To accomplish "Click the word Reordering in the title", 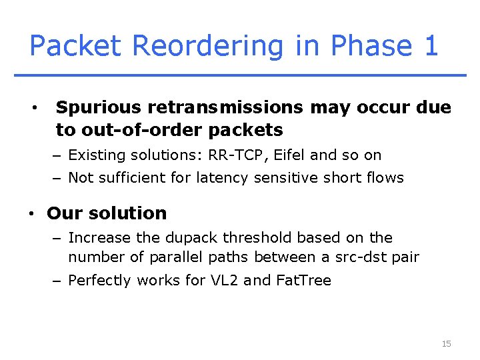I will [x=207, y=46].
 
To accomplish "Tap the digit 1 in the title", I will [x=430, y=46].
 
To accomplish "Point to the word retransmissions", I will [x=223, y=107].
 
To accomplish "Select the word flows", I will [x=385, y=178].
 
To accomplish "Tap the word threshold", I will [x=257, y=238].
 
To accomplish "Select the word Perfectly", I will [x=99, y=281].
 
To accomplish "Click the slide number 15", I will [x=446, y=344].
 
